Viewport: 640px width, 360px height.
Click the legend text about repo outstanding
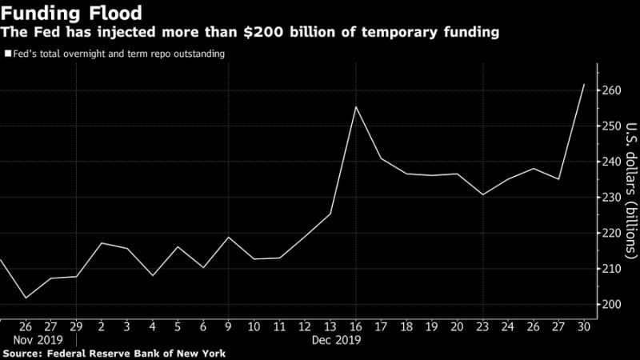117,54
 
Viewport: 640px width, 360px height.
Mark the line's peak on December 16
355,106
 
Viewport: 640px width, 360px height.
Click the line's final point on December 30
584,84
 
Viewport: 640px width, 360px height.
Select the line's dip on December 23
482,194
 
